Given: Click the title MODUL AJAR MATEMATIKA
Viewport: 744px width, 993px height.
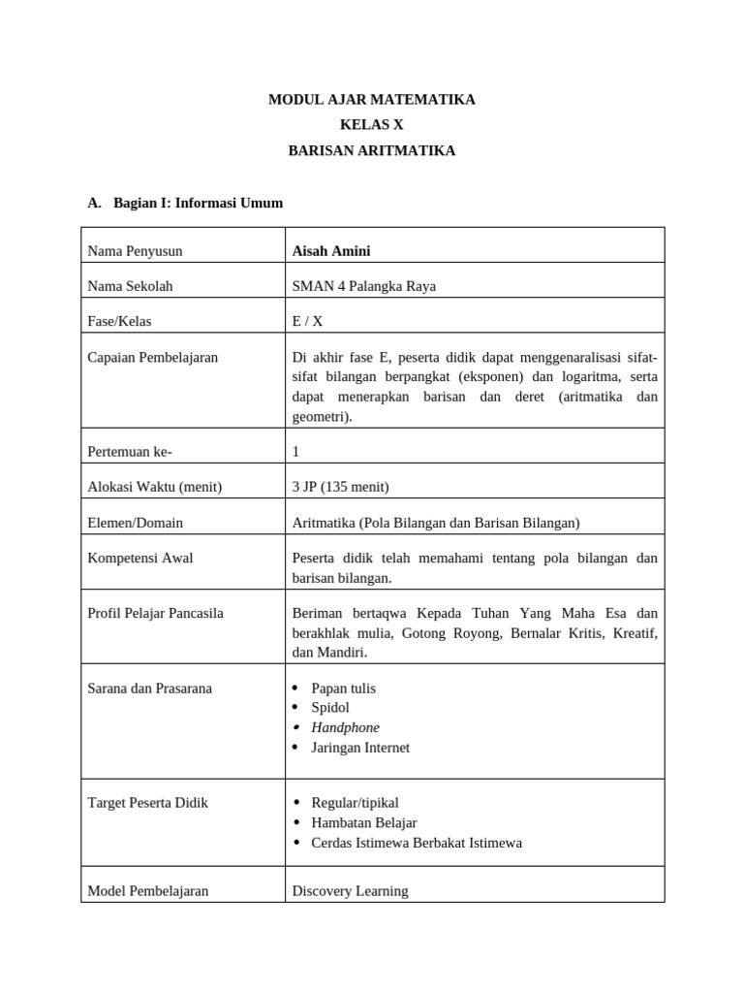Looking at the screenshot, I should click(372, 100).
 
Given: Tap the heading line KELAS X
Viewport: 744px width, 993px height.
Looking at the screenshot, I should click(372, 125).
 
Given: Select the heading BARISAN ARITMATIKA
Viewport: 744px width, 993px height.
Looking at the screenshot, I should click(372, 150).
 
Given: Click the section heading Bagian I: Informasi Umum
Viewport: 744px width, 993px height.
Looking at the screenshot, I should click(198, 203).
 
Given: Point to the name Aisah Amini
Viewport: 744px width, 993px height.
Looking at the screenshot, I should click(331, 251).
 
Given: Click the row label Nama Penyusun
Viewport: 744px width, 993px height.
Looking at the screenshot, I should click(135, 251).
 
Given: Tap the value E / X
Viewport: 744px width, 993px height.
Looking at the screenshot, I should click(308, 321).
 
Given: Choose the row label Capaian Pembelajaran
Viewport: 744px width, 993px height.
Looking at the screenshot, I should click(153, 357).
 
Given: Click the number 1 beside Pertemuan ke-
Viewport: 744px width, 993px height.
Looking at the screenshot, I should click(296, 452).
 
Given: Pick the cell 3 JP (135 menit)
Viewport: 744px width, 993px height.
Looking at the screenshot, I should click(340, 487).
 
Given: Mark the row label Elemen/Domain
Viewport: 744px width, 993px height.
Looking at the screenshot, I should click(136, 523).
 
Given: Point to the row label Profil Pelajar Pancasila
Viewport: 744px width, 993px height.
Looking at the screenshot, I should click(156, 613).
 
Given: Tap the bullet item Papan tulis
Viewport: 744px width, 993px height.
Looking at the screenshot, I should click(343, 688).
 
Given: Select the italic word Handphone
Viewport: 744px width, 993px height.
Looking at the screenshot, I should click(345, 727).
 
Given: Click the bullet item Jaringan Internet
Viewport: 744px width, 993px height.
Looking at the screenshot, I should click(360, 748).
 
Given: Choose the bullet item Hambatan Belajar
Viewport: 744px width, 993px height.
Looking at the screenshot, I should click(364, 822).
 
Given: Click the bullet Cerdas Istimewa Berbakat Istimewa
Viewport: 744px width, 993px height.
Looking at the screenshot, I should click(417, 843).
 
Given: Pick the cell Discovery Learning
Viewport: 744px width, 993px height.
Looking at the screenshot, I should click(350, 890).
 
